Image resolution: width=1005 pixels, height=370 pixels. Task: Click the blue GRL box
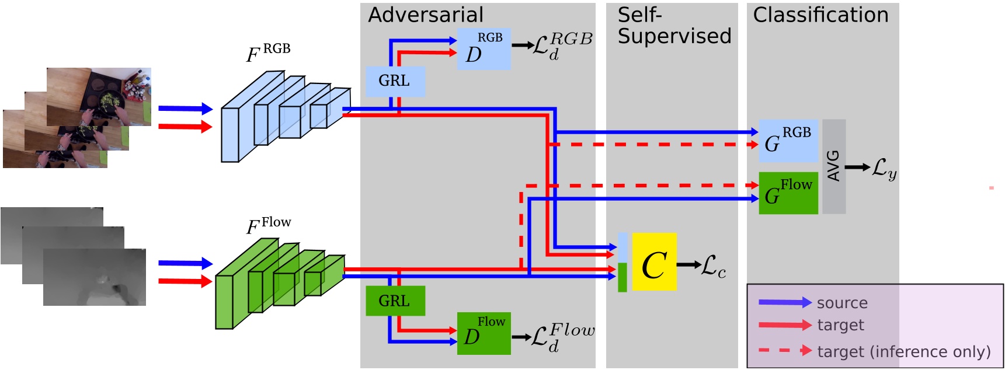(x=395, y=81)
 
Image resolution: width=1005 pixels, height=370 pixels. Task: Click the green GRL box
(x=395, y=301)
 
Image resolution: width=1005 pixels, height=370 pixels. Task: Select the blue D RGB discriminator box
(x=484, y=49)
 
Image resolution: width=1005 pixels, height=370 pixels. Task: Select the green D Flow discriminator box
(x=484, y=333)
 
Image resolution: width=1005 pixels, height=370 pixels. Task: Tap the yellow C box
(x=654, y=262)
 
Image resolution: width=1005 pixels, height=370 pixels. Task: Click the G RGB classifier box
(x=788, y=141)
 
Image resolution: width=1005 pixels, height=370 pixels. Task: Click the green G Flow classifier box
(x=788, y=193)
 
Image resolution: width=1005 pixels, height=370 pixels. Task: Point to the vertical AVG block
(x=833, y=166)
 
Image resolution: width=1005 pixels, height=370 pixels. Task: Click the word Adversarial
(x=425, y=15)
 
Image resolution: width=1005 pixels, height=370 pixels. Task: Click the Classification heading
(x=820, y=15)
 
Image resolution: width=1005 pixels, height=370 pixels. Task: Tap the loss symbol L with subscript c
(x=713, y=266)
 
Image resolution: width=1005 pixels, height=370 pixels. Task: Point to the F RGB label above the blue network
(x=267, y=53)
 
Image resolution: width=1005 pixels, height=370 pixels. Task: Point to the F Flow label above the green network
(x=267, y=225)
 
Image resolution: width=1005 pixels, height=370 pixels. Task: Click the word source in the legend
(x=841, y=303)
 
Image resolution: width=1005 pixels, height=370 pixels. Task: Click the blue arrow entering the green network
(x=185, y=263)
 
